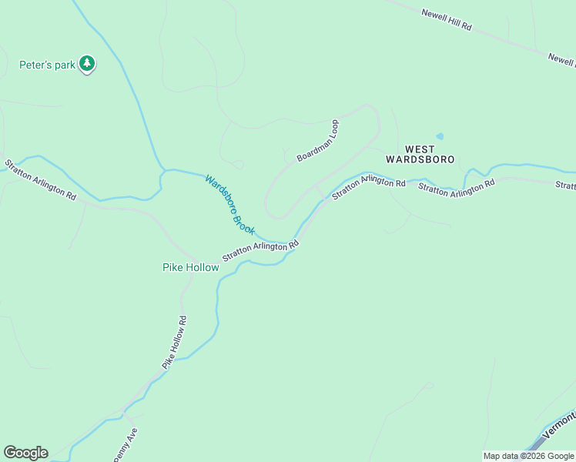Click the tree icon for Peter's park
click(x=87, y=64)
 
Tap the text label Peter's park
click(x=47, y=65)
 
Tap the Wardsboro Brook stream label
click(x=229, y=204)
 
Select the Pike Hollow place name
click(x=190, y=267)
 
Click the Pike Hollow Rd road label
click(x=174, y=341)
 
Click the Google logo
click(x=25, y=453)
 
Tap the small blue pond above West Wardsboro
click(x=440, y=136)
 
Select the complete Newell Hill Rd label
click(x=446, y=21)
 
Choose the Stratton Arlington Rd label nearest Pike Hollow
click(x=260, y=252)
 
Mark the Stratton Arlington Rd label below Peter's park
click(x=40, y=180)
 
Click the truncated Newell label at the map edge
click(x=561, y=59)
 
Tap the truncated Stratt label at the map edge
click(x=565, y=186)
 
